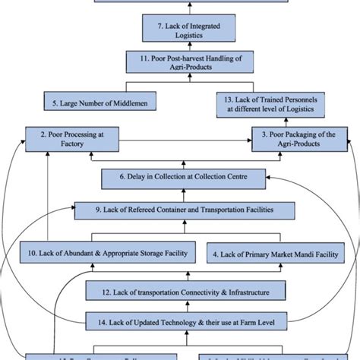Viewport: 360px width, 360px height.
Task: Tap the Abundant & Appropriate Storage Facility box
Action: click(99, 253)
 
